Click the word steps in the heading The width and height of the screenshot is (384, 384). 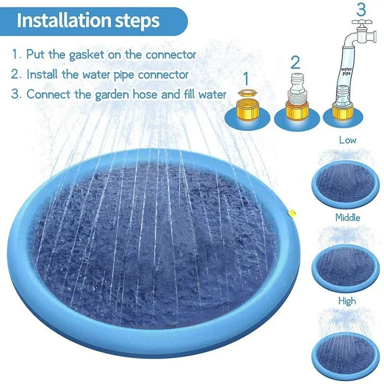[140, 22]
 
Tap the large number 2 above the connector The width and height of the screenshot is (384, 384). [295, 62]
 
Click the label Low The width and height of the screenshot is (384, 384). [347, 140]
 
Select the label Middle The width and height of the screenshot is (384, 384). [347, 217]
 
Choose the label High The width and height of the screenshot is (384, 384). [347, 301]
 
